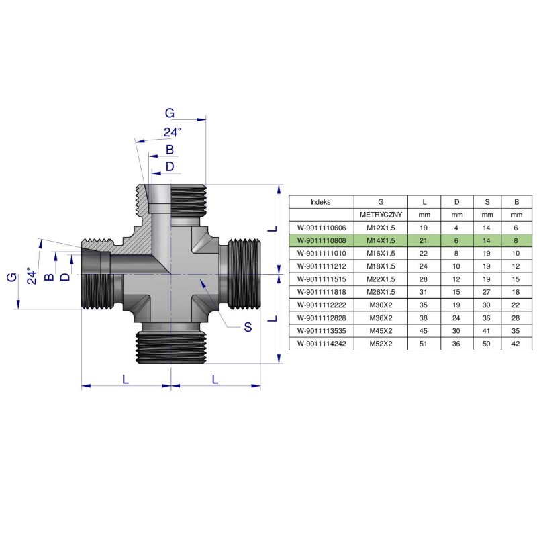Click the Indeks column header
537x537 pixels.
click(321, 201)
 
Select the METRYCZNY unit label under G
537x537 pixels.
click(381, 215)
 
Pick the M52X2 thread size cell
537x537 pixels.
click(381, 343)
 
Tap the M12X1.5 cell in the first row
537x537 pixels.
click(381, 228)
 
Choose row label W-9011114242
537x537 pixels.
click(321, 343)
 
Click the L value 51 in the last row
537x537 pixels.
click(424, 343)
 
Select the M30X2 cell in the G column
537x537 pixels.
click(381, 304)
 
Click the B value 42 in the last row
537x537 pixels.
click(516, 343)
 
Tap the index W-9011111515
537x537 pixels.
click(321, 279)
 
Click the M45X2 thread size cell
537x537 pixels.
click(381, 330)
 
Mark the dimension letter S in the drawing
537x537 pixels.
click(248, 327)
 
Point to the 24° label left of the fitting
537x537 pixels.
click(29, 275)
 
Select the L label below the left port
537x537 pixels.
click(126, 379)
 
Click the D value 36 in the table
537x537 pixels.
click(456, 343)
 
